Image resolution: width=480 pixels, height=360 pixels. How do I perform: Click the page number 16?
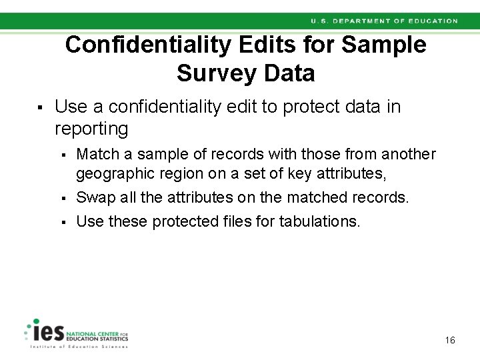(x=450, y=341)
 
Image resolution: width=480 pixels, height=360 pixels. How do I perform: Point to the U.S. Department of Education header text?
(x=384, y=21)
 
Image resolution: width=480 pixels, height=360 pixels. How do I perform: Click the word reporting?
(x=91, y=128)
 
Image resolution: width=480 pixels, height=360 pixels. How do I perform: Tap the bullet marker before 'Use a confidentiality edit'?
(x=40, y=107)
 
